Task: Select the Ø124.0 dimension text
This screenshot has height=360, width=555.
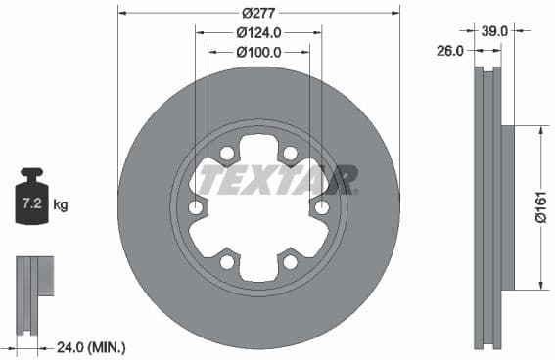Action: pyautogui.click(x=258, y=32)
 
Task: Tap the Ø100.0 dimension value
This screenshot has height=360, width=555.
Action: pyautogui.click(x=258, y=52)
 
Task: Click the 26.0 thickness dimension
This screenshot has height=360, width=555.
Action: pyautogui.click(x=449, y=51)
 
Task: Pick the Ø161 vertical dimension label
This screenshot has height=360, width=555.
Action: pyautogui.click(x=539, y=207)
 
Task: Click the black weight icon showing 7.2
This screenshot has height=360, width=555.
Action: pyautogui.click(x=31, y=201)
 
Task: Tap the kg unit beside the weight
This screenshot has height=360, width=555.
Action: pyautogui.click(x=61, y=205)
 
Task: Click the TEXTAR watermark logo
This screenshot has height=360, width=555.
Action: pyautogui.click(x=278, y=180)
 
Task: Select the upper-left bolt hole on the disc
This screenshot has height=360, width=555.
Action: pyautogui.click(x=227, y=154)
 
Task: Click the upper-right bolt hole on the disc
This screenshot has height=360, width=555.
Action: pyautogui.click(x=290, y=154)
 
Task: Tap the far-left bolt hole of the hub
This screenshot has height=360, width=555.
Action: pyautogui.click(x=196, y=207)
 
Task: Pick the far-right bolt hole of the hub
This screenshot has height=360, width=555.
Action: pyautogui.click(x=321, y=207)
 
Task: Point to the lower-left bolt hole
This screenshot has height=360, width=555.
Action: pyautogui.click(x=227, y=262)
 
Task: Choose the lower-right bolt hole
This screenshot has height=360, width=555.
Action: pyautogui.click(x=290, y=262)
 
